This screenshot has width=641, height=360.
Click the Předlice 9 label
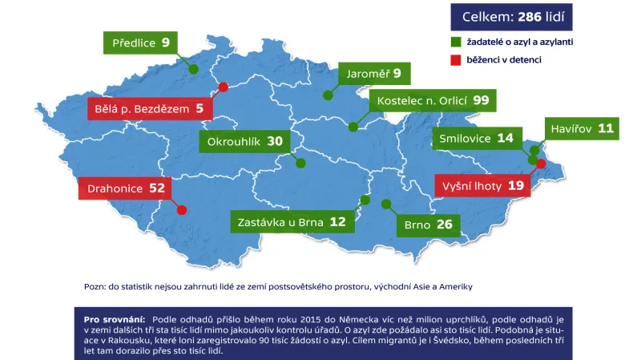(x=141, y=42)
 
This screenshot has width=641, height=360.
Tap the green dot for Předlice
(x=193, y=70)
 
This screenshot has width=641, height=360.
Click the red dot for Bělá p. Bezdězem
(x=224, y=87)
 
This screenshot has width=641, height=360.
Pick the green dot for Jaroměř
(x=328, y=95)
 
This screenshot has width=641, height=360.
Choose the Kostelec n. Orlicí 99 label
(x=433, y=100)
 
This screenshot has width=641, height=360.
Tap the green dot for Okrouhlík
(x=300, y=163)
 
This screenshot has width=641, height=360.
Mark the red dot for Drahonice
(x=182, y=210)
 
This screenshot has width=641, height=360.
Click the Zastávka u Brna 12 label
(x=292, y=222)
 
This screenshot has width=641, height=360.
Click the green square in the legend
(x=454, y=41)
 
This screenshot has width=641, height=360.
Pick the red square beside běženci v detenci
(x=454, y=59)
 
